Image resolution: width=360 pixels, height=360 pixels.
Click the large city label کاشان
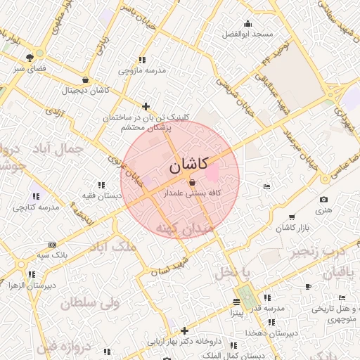point(188,165)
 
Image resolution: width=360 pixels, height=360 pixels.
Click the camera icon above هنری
point(323,200)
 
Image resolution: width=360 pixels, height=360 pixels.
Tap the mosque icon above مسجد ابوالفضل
point(247,24)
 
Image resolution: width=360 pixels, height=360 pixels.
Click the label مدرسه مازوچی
point(141,71)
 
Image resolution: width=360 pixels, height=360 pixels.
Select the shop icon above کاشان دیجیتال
point(86,79)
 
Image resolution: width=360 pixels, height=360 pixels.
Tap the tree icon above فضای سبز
point(29,58)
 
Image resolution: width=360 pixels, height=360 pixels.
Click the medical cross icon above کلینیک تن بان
point(146,107)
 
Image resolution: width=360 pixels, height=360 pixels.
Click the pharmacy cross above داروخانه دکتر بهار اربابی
point(185,330)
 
